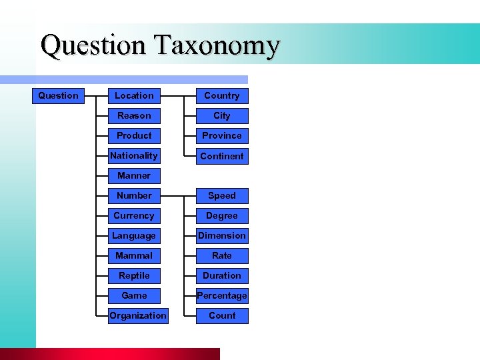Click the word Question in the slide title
93,45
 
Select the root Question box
58,95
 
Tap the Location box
134,95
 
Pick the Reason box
134,115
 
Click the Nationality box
134,155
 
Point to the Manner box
134,175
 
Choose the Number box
134,195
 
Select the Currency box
134,215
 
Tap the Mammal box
134,255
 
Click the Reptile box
134,275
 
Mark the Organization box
138,315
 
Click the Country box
222,95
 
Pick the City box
222,115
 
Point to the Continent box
222,156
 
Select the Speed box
222,195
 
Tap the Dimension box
222,235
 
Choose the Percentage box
222,295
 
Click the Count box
222,315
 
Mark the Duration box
222,275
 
